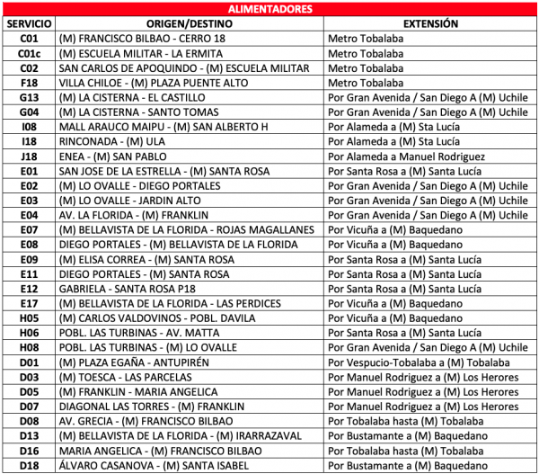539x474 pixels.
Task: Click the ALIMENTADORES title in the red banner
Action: (269, 9)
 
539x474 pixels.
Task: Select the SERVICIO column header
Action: (29, 23)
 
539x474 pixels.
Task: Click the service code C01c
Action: (29, 53)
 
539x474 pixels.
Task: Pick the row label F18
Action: (29, 83)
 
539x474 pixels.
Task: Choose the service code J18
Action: (29, 157)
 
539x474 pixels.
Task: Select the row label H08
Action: (29, 347)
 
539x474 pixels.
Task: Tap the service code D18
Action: (29, 465)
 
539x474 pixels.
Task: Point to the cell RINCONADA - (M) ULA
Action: (112, 141)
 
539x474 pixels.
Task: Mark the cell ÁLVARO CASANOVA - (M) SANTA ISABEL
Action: (151, 465)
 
